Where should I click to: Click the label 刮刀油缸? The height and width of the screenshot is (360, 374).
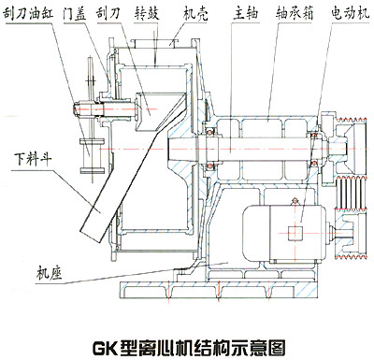(x=27, y=14)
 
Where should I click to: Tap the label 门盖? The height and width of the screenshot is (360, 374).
(x=75, y=14)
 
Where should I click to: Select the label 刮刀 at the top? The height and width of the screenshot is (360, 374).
(x=108, y=14)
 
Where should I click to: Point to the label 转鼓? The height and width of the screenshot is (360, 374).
(x=147, y=14)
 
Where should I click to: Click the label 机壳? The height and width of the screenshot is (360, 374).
(x=195, y=14)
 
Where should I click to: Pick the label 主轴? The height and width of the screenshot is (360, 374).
(x=246, y=14)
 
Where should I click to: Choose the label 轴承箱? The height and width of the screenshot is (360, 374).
(x=295, y=14)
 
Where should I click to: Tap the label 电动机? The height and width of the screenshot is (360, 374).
(x=351, y=14)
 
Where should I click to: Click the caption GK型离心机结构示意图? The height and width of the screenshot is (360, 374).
(x=189, y=348)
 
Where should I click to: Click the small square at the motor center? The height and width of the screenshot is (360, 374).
(x=295, y=233)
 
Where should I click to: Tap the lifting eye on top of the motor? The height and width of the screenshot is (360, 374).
(x=293, y=202)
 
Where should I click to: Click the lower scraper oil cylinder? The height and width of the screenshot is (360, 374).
(x=92, y=155)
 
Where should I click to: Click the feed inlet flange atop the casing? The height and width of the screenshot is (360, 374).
(x=155, y=43)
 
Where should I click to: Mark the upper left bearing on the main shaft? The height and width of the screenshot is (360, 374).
(x=210, y=132)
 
